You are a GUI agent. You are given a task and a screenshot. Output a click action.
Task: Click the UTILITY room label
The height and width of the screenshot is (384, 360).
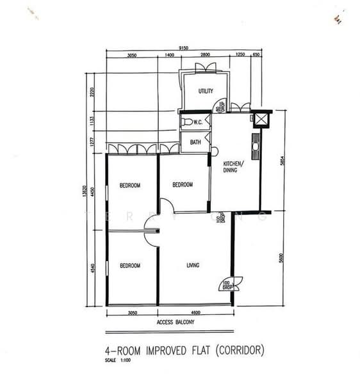pos(206,91)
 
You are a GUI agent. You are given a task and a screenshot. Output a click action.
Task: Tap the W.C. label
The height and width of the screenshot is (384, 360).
pos(198,121)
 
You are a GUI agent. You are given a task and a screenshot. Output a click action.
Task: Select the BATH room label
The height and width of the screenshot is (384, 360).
pos(195,142)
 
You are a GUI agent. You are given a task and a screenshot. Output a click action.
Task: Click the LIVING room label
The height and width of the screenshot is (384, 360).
pos(193,265)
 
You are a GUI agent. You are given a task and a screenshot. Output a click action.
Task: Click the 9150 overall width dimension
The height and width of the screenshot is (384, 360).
pos(183,48)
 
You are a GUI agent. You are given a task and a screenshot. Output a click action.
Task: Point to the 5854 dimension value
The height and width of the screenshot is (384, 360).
pos(282,163)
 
